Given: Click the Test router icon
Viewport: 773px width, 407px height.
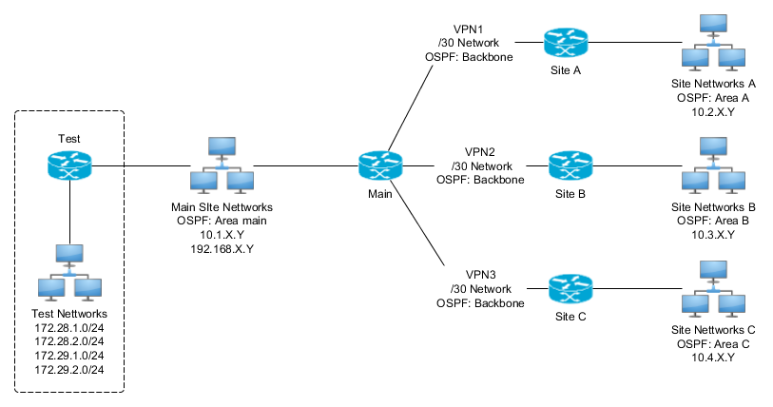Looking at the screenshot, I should coord(69,166).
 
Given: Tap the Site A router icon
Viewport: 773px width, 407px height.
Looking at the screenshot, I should coord(566,43).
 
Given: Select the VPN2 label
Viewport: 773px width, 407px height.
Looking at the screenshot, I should coord(480,151).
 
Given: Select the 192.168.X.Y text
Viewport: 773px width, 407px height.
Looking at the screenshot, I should coord(221,248).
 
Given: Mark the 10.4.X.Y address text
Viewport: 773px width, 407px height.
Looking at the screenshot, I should coord(713,357).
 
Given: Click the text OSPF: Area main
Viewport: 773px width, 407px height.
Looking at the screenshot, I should coord(221,221).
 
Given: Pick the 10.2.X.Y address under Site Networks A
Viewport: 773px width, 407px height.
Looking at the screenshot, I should coord(713,112).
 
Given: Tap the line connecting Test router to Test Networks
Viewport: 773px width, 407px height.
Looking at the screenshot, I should coord(69,214).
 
